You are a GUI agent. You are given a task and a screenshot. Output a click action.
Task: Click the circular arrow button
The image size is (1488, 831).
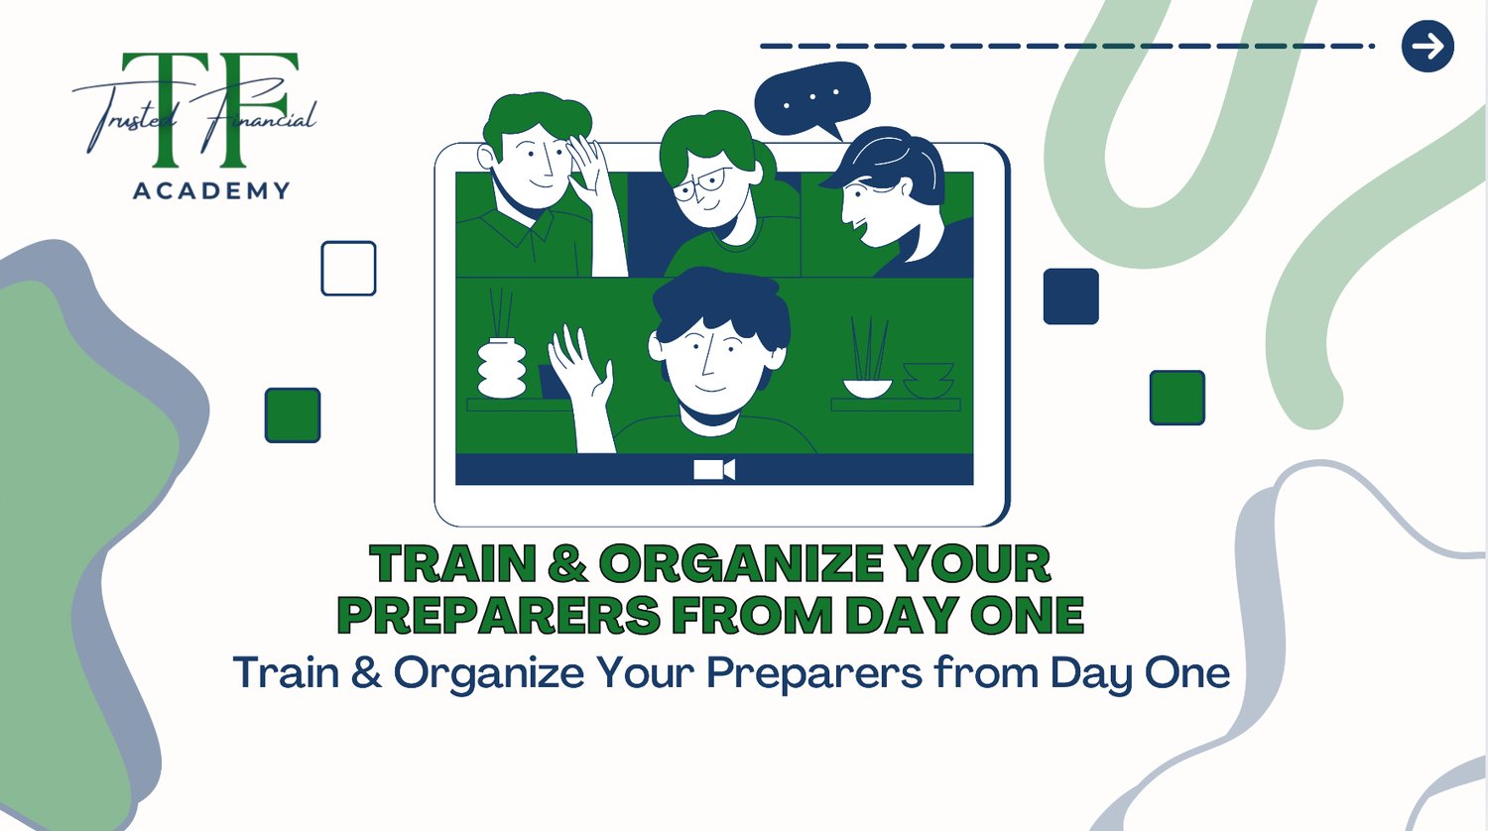tap(1427, 46)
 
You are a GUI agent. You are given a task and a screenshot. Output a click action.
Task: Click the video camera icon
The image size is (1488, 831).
tap(714, 469)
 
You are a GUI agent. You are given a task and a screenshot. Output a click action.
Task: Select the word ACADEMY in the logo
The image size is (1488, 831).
tap(211, 191)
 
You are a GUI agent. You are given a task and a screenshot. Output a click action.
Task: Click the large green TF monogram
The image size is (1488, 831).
tap(209, 110)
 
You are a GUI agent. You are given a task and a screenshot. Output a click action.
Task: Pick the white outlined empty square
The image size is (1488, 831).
tap(349, 269)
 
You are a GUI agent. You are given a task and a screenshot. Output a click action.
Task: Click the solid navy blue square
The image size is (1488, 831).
tap(1070, 297)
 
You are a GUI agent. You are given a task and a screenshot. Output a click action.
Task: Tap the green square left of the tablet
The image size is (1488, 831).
tap(293, 415)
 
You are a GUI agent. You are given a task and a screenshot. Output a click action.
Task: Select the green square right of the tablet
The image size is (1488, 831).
tap(1178, 398)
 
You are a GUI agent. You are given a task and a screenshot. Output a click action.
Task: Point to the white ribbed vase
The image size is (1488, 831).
tap(502, 368)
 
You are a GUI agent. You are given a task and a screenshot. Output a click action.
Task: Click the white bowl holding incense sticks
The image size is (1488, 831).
tap(868, 388)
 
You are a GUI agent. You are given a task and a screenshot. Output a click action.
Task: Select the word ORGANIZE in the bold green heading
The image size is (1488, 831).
tap(741, 564)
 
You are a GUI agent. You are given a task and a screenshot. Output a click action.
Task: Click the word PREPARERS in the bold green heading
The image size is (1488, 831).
tap(499, 615)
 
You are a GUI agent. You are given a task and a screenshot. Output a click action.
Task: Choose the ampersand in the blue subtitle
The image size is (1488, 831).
tap(366, 671)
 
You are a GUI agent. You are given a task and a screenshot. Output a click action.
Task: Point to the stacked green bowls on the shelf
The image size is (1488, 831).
tap(928, 381)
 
